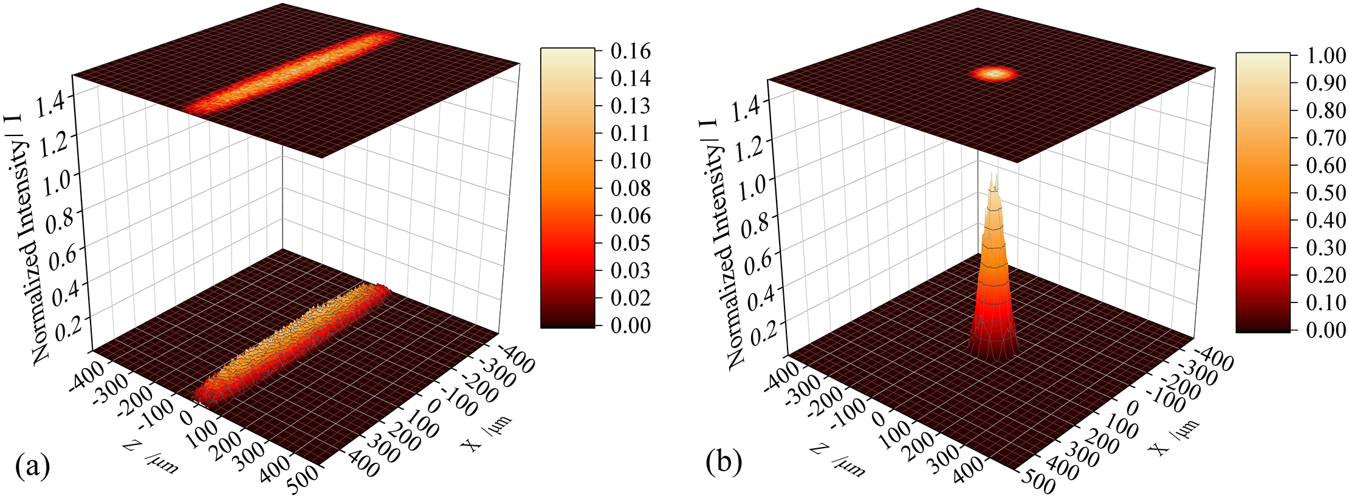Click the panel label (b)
(724, 463)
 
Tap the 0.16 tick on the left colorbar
(630, 51)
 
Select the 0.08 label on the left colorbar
(630, 188)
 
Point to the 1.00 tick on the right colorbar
(1326, 55)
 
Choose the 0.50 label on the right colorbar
(1326, 193)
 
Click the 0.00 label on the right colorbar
(1326, 330)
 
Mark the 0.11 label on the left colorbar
(630, 133)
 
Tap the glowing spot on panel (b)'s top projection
(994, 74)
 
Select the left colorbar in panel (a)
(568, 188)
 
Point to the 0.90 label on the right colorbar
(1326, 83)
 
